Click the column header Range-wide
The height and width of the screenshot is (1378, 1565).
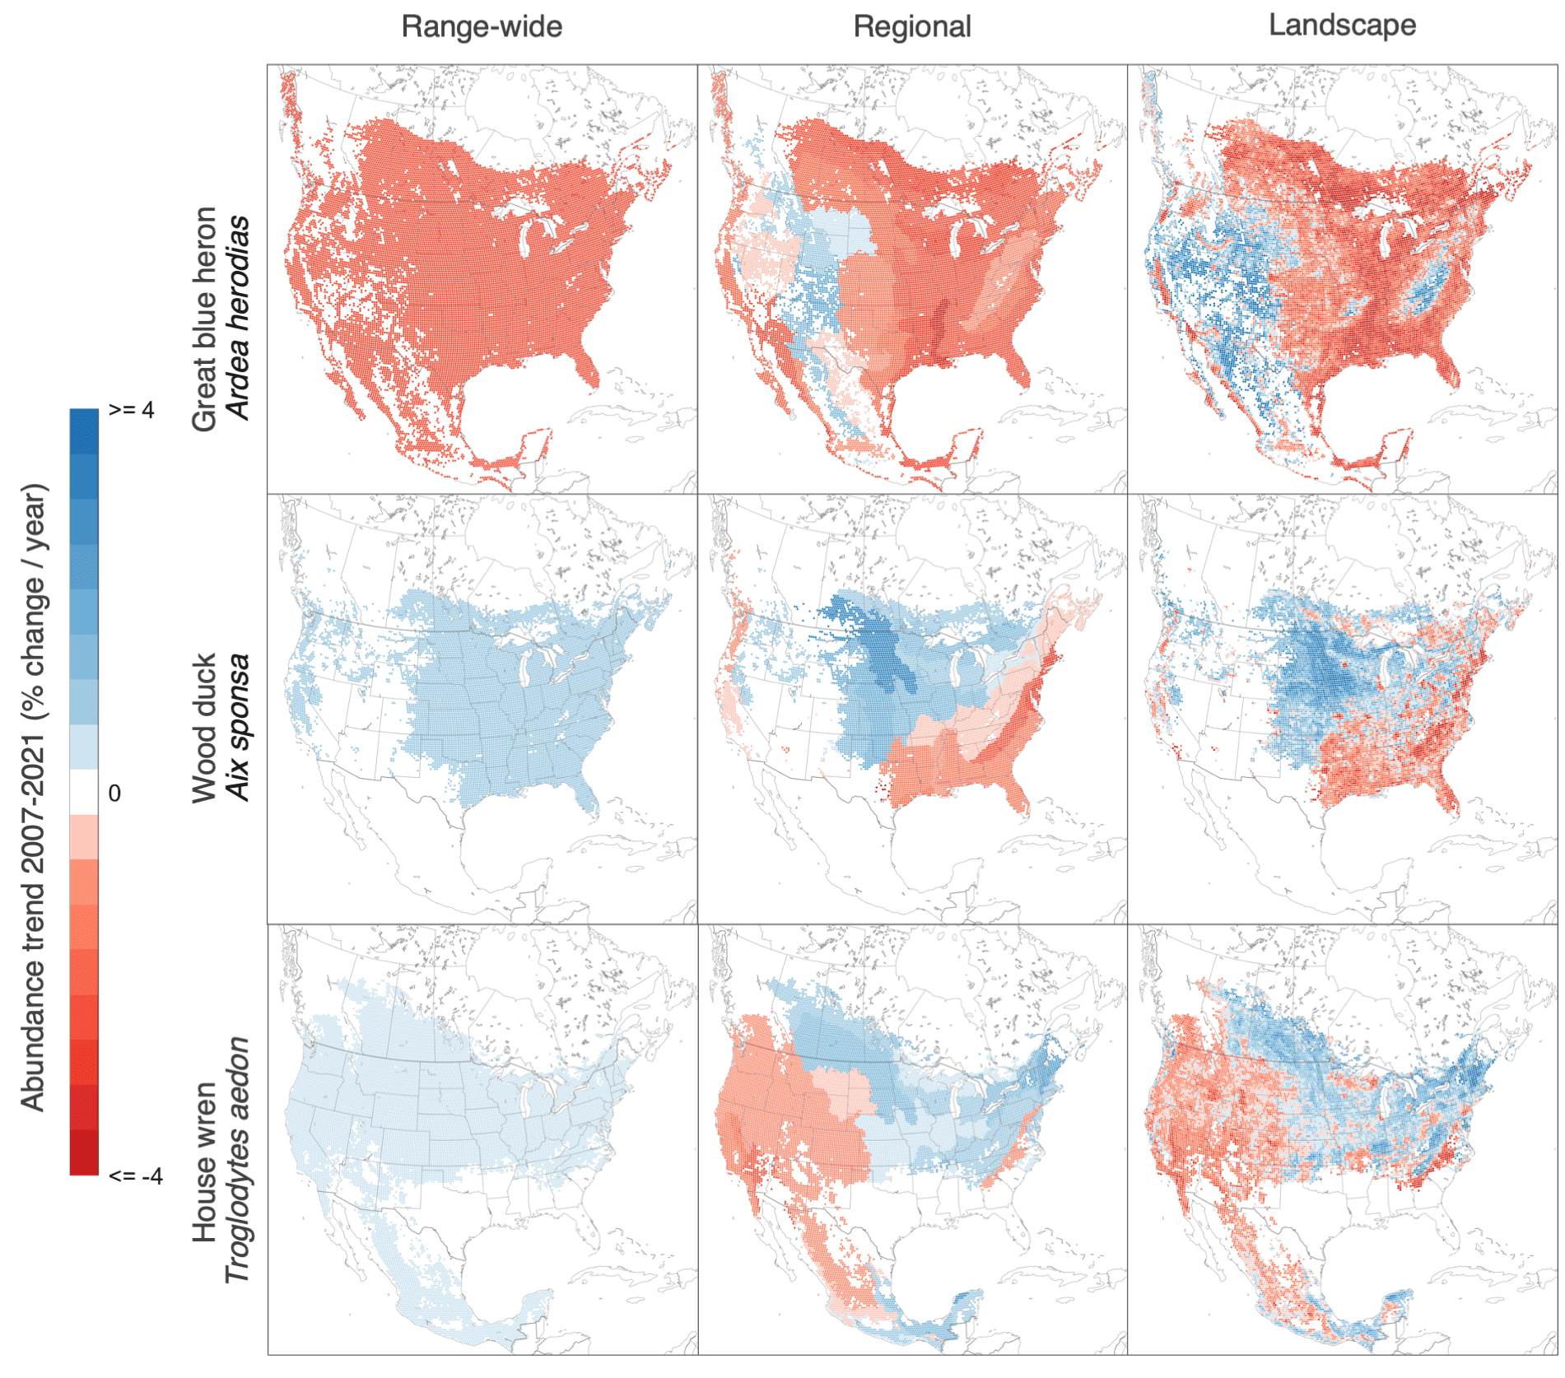point(482,26)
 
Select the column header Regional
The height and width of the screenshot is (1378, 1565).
point(911,26)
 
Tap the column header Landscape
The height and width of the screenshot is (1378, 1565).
point(1341,25)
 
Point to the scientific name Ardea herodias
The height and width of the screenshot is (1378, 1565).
point(238,318)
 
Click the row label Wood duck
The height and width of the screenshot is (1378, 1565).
point(204,728)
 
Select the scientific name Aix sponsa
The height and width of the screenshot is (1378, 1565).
point(238,728)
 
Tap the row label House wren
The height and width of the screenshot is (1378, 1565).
point(204,1162)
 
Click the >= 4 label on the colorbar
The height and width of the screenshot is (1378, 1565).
point(131,410)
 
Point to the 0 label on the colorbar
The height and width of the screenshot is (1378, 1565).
point(114,793)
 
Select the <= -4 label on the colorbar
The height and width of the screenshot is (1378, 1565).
point(135,1175)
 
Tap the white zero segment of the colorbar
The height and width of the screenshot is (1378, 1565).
point(84,792)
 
